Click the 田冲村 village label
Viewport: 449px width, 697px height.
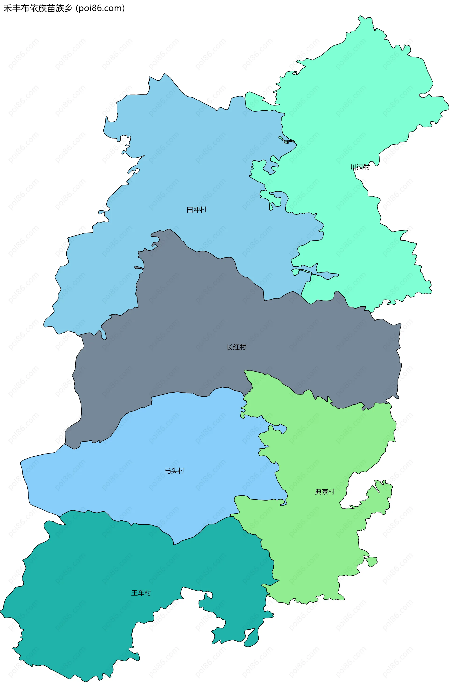pyautogui.click(x=196, y=210)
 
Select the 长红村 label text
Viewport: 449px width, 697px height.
pyautogui.click(x=236, y=347)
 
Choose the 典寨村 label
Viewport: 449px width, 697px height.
pyautogui.click(x=325, y=492)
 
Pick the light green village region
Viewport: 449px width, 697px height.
pyautogui.click(x=315, y=540)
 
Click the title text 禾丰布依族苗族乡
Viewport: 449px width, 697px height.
pyautogui.click(x=38, y=8)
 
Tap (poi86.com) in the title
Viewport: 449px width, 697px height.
pyautogui.click(x=100, y=8)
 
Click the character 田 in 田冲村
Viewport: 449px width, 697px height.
pyautogui.click(x=190, y=210)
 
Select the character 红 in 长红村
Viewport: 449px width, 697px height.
pyautogui.click(x=236, y=347)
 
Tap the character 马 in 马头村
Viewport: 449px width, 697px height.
pyautogui.click(x=168, y=470)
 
